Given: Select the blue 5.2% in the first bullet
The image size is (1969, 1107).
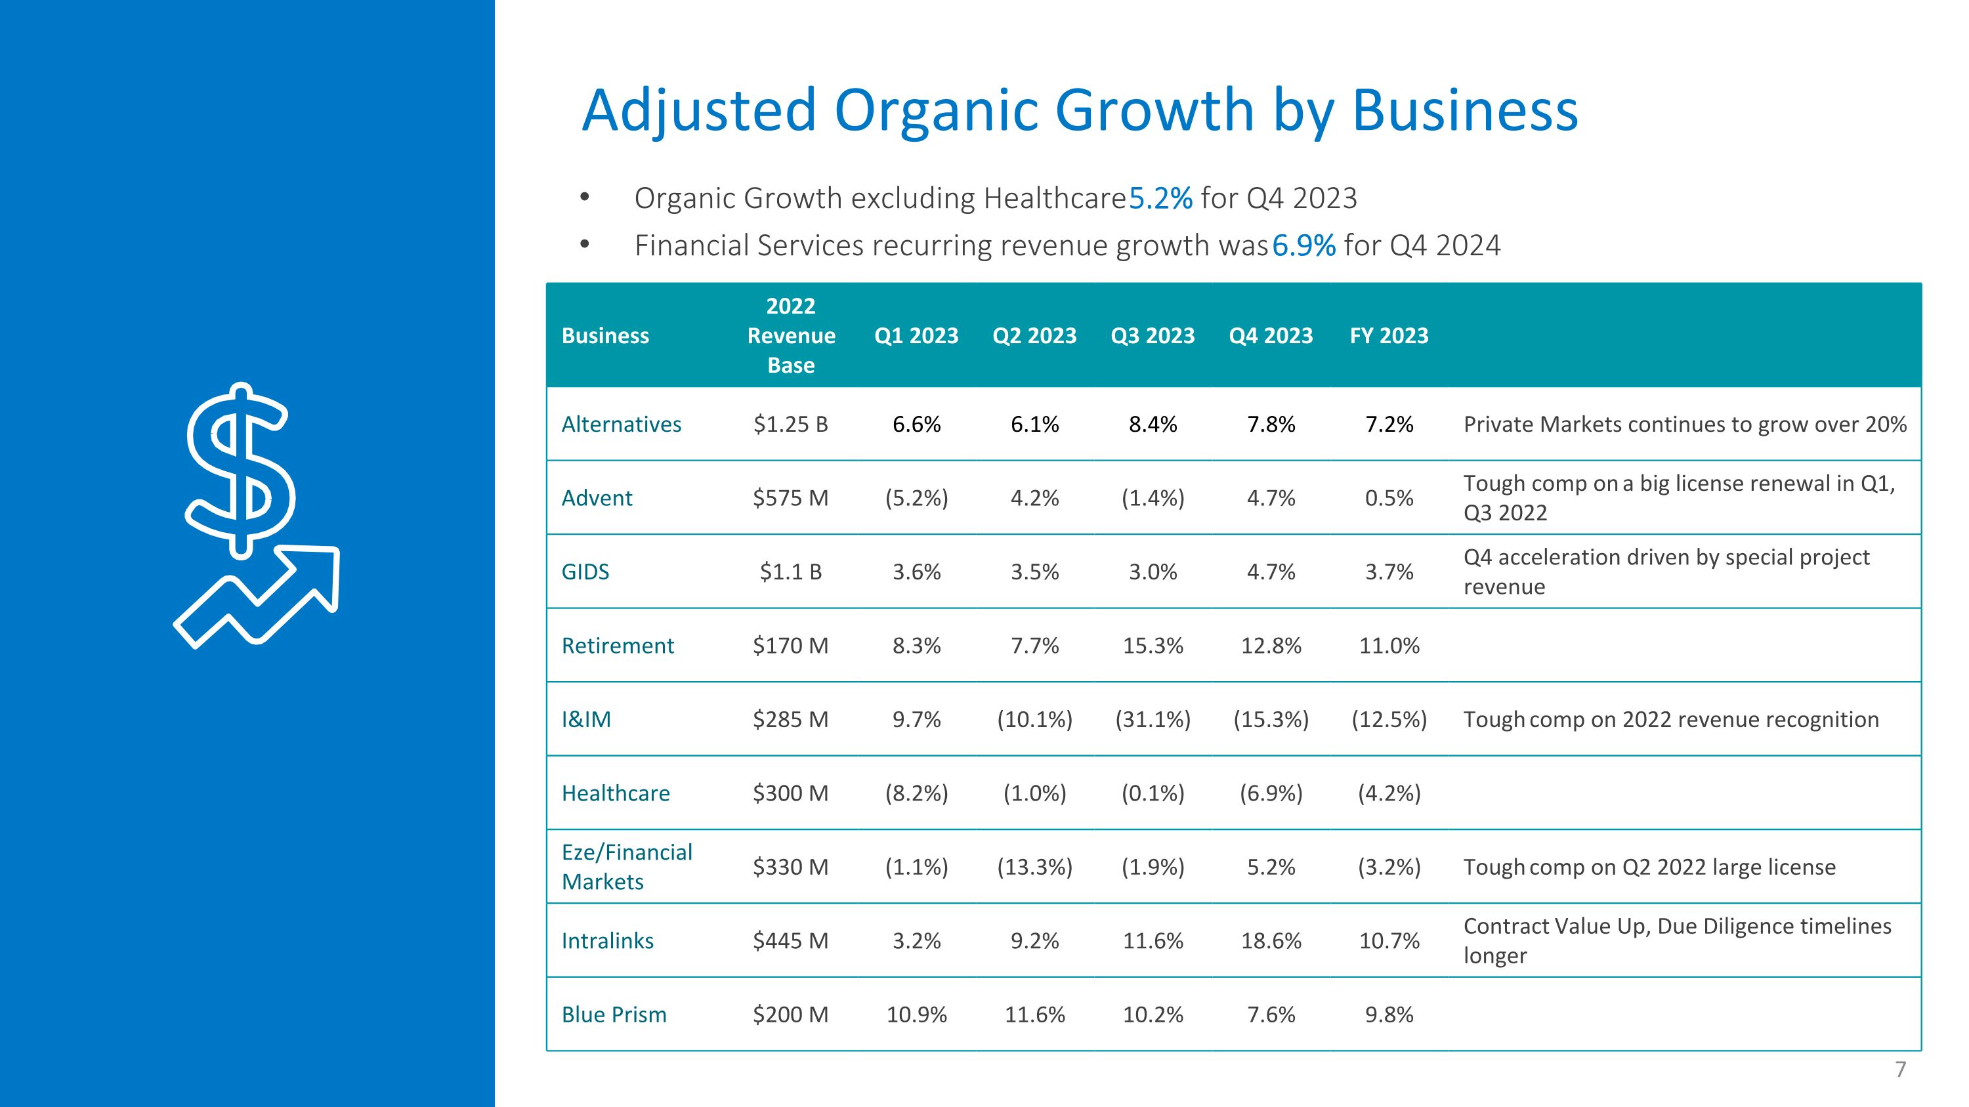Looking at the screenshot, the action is point(1160,199).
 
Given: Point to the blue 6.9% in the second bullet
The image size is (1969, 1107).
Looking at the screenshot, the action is point(1304,246).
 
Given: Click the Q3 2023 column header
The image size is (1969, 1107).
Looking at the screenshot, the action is point(1153,335).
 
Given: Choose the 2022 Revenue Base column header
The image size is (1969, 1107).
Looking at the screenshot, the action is point(791,335).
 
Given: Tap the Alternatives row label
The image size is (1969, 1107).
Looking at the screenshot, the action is point(622,424).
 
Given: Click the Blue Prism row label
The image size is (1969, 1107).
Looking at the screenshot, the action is point(614,1014).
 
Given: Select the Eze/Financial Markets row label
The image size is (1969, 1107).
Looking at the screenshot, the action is point(627,867).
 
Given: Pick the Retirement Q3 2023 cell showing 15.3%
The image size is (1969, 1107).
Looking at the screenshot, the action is point(1153,646).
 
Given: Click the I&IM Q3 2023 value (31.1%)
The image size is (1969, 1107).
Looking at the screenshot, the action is point(1153,720).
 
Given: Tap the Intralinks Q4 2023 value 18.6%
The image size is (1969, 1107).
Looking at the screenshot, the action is point(1271,941).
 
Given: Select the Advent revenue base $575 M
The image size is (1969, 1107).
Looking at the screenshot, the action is point(790,498).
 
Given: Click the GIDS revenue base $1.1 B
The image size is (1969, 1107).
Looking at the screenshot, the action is point(790,572).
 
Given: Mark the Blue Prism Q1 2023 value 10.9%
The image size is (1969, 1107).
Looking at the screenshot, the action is point(916,1014).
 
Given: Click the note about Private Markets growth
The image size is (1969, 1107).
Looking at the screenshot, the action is point(1685,425).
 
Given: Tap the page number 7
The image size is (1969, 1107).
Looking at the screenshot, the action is point(1900,1070).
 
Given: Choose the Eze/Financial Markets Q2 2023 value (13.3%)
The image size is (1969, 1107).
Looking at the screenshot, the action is point(1035,867).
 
